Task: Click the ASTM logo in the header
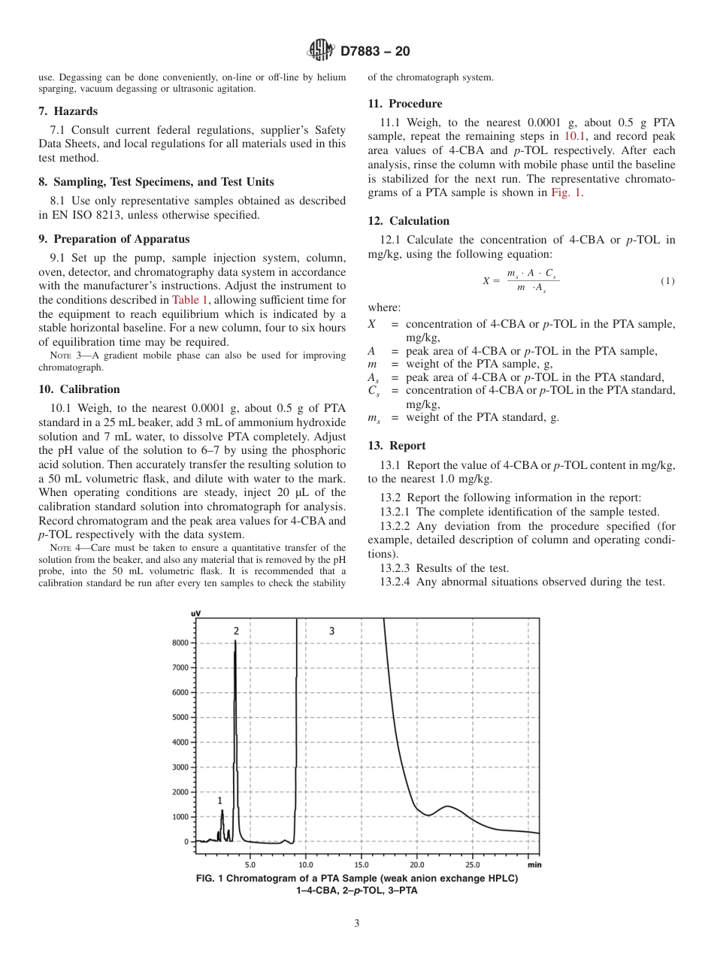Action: (321, 51)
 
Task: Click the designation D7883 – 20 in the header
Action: (375, 52)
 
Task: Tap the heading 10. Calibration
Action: (79, 389)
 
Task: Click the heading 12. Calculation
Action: (409, 221)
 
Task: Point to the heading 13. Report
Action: (397, 446)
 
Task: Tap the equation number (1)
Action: (667, 281)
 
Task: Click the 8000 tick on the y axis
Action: (180, 643)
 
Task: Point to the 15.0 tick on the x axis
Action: (362, 865)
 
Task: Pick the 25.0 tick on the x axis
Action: (473, 865)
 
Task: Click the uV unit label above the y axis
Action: (195, 614)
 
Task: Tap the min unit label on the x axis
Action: (534, 865)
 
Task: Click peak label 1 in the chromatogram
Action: (220, 801)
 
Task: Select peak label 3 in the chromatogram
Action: (331, 631)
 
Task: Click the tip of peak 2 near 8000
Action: (235, 641)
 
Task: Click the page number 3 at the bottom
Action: (357, 924)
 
